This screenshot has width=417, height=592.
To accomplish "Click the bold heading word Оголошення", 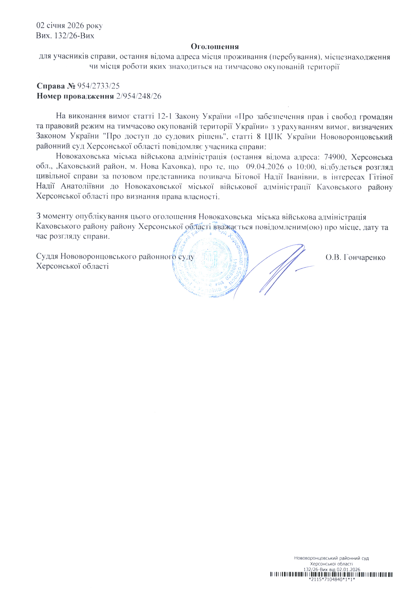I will pyautogui.click(x=215, y=47).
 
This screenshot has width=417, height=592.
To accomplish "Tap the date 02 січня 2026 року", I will pyautogui.click(x=69, y=26).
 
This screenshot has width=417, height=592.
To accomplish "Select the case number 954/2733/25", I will pyautogui.click(x=98, y=86).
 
